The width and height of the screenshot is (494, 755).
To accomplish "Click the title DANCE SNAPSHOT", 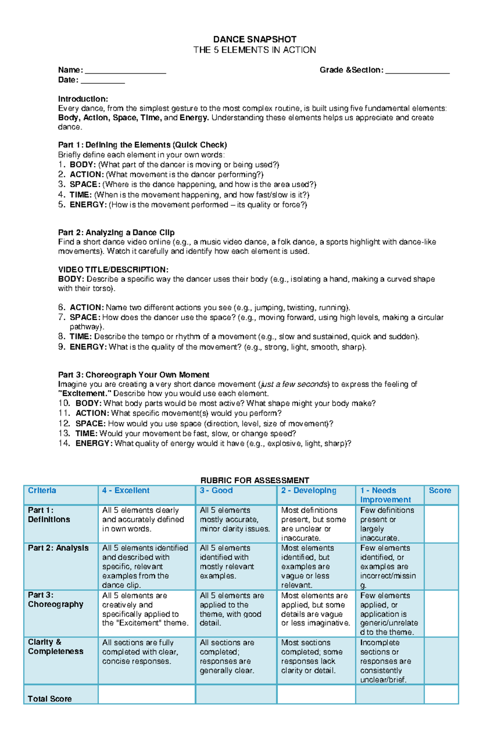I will point(254,39).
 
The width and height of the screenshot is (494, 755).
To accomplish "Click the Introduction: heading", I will point(83,99).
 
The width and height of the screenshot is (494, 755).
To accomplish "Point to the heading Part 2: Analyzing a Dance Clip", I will point(116,232).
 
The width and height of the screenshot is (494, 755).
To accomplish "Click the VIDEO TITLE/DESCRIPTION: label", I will point(113,270).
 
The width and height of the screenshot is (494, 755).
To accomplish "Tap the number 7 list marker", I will point(62,317).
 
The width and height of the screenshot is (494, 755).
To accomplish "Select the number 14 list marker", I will point(64,444).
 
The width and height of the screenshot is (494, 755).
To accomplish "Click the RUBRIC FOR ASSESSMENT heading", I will point(254,480).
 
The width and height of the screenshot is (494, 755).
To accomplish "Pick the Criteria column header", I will point(42,490).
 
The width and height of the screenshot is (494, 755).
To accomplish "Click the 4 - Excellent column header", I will point(126,490).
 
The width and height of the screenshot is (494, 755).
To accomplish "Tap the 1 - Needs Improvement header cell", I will point(385,495).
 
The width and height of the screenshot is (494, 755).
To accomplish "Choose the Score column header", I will point(440,490).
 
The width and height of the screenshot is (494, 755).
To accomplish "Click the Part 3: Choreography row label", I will point(55,600).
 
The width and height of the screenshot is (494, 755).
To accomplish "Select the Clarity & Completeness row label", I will point(55,647).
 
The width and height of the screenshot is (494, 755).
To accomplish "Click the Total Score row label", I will point(49,699).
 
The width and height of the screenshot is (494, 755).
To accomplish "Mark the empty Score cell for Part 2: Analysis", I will point(441,566).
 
